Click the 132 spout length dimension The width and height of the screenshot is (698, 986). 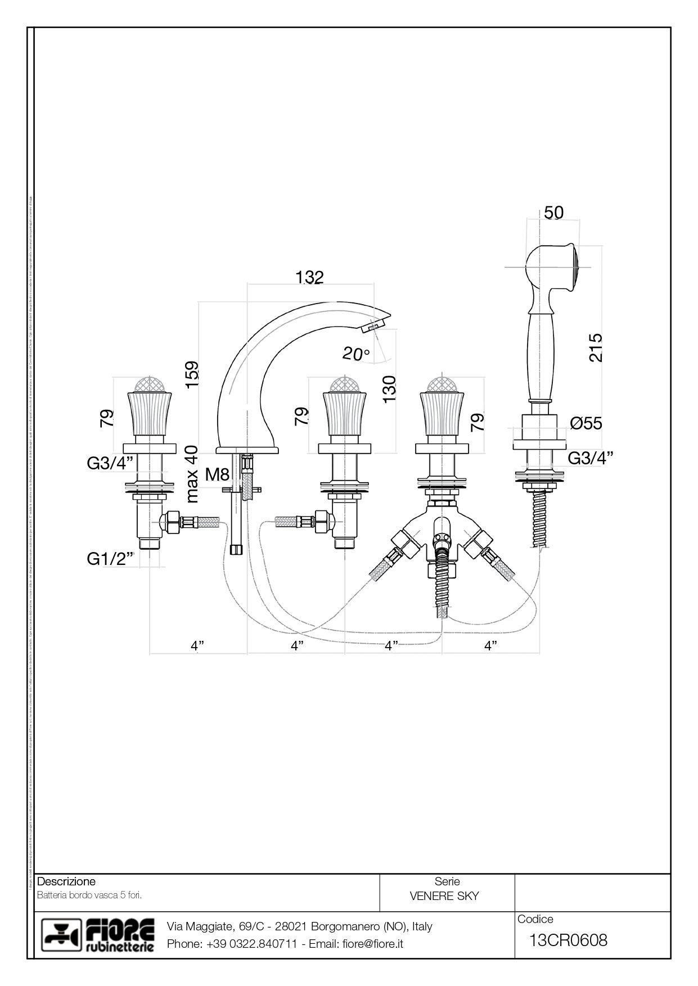(309, 277)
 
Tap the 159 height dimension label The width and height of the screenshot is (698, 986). (192, 373)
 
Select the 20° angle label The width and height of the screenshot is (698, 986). (356, 354)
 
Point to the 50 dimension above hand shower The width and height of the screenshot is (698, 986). (553, 212)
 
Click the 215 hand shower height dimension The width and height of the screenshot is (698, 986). (595, 347)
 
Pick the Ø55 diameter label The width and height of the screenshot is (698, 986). (586, 423)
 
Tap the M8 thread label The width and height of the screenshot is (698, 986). (217, 474)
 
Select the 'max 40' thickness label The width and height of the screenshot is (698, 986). (192, 473)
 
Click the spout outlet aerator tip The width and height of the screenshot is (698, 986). (374, 324)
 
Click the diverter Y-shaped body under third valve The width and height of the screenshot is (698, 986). (442, 520)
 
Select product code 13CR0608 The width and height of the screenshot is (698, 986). (568, 940)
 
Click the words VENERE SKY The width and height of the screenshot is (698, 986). (444, 896)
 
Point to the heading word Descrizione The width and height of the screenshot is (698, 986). (66, 881)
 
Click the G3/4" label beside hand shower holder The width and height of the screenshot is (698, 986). (590, 458)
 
